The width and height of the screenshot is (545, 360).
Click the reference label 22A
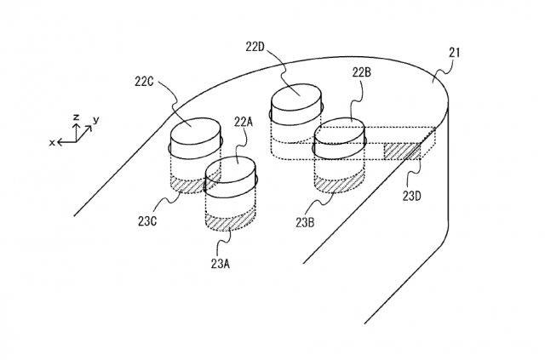tap(243, 122)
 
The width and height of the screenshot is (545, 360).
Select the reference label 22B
tap(362, 72)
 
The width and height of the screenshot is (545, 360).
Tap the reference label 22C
tap(144, 82)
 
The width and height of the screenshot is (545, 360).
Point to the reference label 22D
tap(255, 47)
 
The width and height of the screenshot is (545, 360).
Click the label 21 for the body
tap(454, 53)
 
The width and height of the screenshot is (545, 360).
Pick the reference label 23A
tap(221, 264)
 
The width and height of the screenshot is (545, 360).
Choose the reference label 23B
tap(305, 223)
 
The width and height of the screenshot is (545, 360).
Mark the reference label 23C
tap(147, 221)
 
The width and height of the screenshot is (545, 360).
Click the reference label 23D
tap(412, 197)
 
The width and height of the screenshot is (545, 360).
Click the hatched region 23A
tap(231, 221)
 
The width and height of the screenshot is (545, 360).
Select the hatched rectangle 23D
tap(402, 151)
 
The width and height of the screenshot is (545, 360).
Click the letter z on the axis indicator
tap(77, 117)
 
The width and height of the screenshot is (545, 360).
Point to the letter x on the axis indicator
tap(52, 142)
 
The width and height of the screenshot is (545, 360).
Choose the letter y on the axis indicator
tap(96, 120)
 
